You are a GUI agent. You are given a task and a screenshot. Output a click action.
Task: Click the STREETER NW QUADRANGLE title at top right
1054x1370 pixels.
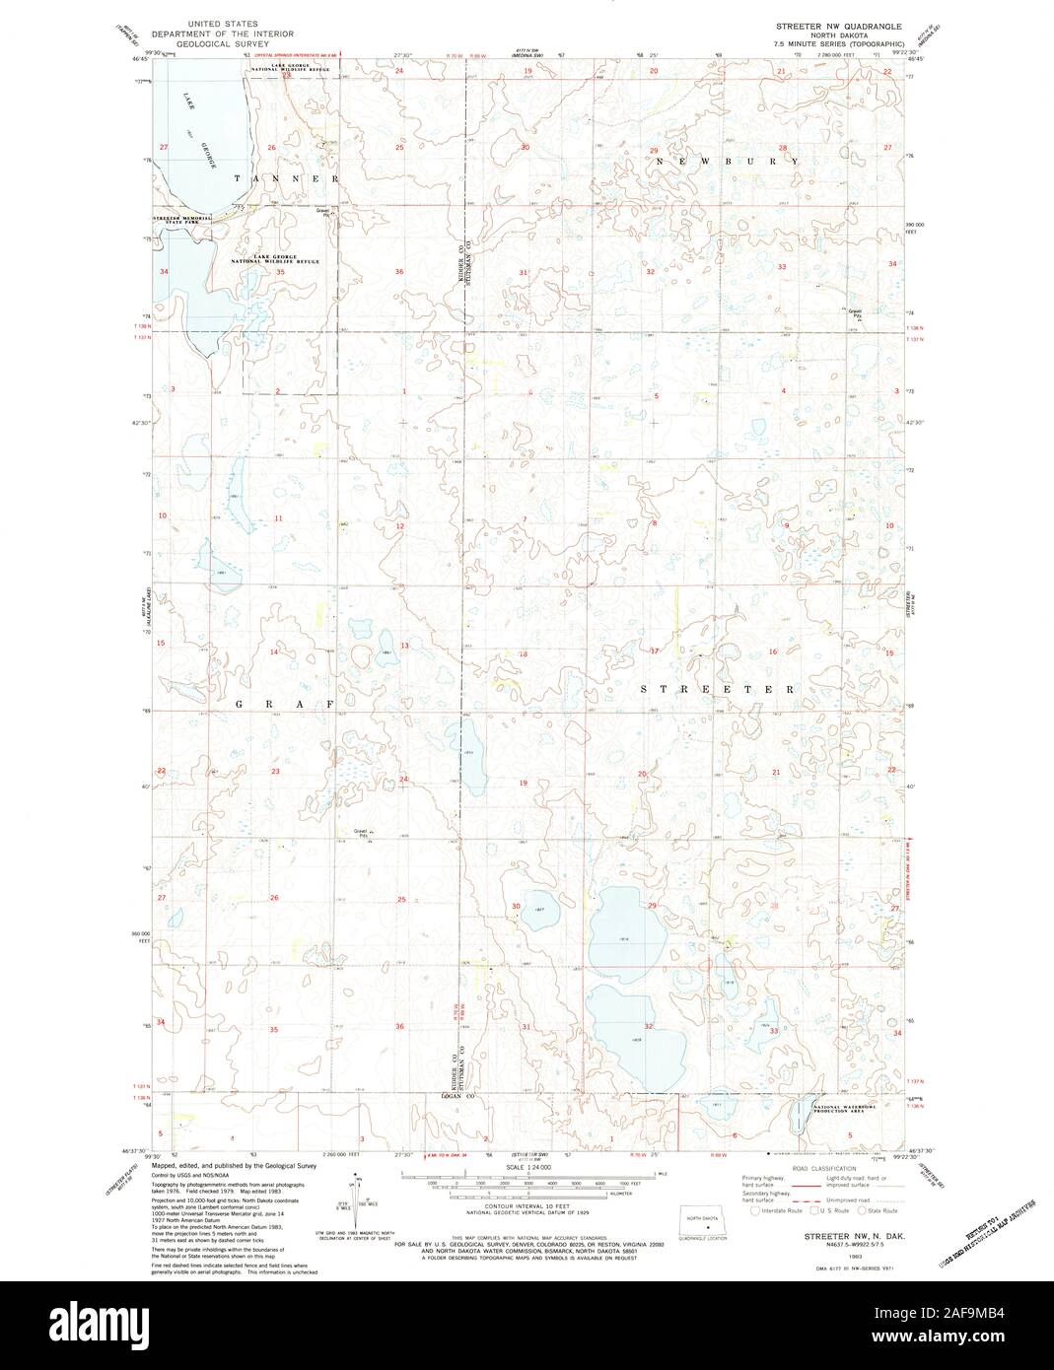coord(838,23)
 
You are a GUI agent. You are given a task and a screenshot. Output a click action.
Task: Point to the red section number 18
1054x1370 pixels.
coord(524,654)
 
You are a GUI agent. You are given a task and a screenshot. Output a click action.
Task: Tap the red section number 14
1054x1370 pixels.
coord(275,652)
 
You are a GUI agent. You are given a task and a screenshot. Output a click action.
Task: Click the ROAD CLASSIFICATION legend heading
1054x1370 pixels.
coord(811,1167)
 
